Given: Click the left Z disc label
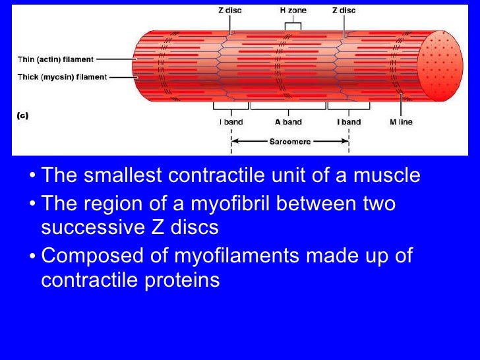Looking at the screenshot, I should coord(230,10).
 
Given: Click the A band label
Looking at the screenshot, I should coord(288,122).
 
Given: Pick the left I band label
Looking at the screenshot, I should coord(229,122).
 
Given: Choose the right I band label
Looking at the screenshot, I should coord(349,122).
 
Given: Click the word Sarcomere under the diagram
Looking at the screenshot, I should coord(289,141).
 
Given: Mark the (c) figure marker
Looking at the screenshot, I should coord(23,115).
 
